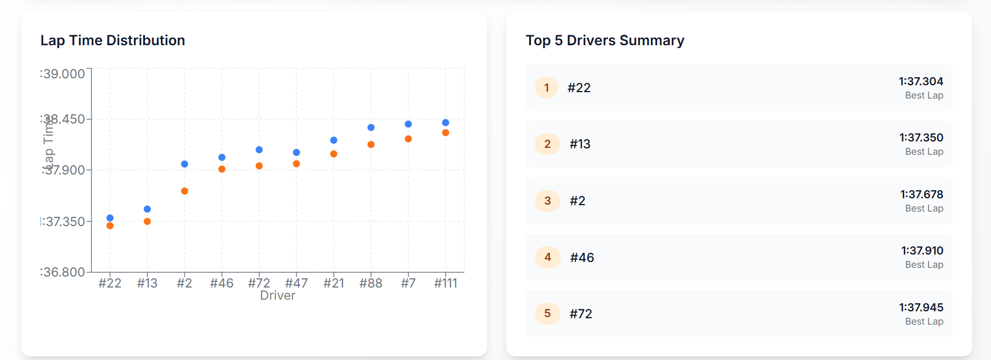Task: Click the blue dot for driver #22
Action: [110, 218]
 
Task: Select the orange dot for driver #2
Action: [184, 191]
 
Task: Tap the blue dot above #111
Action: [446, 123]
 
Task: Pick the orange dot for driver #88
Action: [371, 144]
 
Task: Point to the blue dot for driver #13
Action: [147, 209]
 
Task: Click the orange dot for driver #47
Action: [296, 164]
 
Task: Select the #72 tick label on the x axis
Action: [259, 283]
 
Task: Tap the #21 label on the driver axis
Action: [334, 283]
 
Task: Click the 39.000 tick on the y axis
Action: [63, 74]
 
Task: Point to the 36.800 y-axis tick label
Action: [63, 272]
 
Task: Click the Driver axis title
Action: [278, 296]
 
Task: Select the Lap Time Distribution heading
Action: [113, 41]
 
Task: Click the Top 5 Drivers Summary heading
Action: [605, 41]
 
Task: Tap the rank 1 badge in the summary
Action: [546, 88]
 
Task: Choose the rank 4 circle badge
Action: [548, 257]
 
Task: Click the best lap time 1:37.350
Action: [921, 138]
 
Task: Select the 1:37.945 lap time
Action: [921, 307]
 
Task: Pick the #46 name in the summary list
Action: [582, 257]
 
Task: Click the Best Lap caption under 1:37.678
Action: [924, 208]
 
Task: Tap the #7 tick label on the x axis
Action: [409, 283]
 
